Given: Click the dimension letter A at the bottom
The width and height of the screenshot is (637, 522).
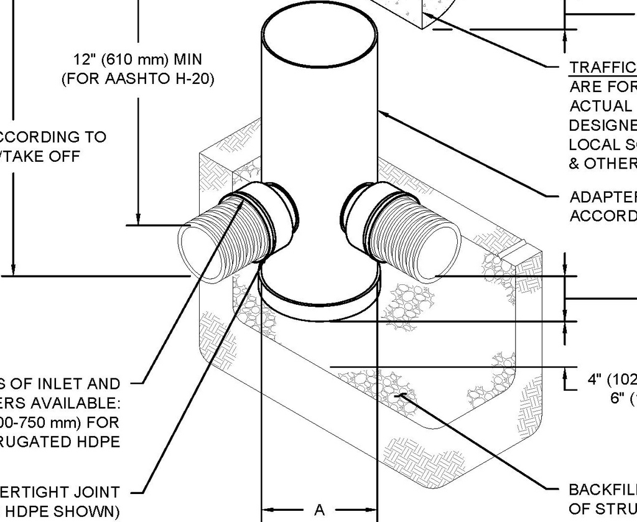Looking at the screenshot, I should [319, 510].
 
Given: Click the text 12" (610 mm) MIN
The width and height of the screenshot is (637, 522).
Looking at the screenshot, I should [138, 60].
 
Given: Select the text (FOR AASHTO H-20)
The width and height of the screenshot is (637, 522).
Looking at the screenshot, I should [138, 80].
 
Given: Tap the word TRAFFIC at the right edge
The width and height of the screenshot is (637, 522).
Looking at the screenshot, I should [602, 67].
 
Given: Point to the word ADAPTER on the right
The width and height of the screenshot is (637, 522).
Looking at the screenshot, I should [602, 197].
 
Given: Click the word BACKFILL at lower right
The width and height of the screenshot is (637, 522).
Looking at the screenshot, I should [602, 489].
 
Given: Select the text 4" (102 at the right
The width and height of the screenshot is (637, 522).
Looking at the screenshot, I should [611, 379].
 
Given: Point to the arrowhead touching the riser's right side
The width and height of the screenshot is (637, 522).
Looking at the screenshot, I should [383, 113].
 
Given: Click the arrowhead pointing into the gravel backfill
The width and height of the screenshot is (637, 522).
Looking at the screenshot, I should [402, 394].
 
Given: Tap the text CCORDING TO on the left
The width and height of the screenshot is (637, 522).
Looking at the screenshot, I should [53, 137].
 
